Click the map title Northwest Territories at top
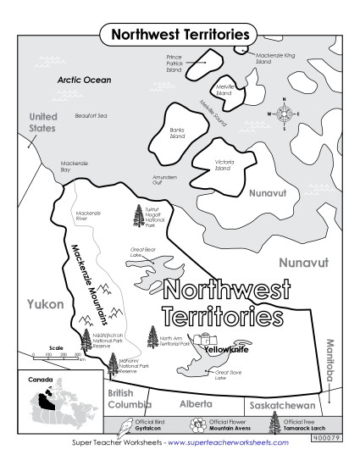tap(180, 35)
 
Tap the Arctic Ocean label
tap(84, 80)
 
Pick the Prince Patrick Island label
tap(174, 64)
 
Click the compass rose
tap(284, 113)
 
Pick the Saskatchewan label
tap(280, 396)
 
